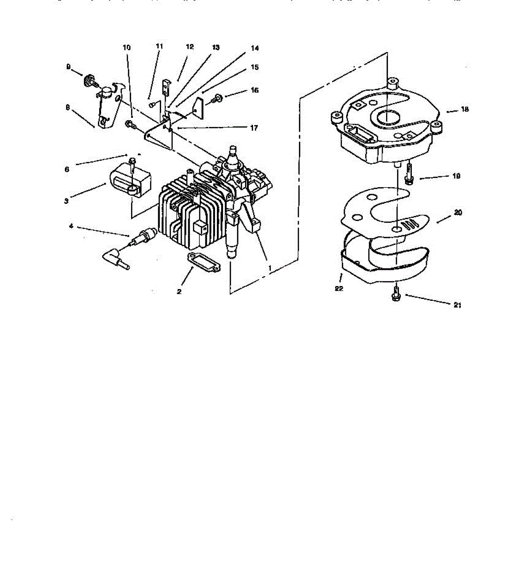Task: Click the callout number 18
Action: [465, 109]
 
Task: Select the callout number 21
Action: [457, 305]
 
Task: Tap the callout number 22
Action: [339, 288]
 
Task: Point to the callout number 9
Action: [68, 67]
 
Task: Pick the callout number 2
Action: [179, 291]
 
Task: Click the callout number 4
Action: [71, 226]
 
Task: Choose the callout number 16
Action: [255, 90]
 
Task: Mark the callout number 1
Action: [269, 269]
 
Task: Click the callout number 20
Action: [458, 213]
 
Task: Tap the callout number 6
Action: [67, 169]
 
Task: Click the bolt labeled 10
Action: [130, 125]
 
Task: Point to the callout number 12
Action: [190, 47]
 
